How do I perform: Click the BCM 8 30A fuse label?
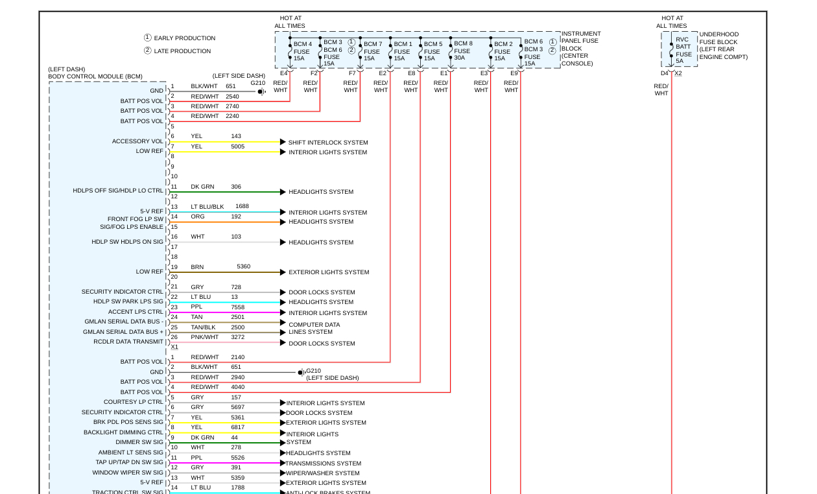(463, 51)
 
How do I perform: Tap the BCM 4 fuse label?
(303, 51)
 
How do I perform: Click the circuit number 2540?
(232, 97)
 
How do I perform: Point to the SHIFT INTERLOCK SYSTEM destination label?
(327, 143)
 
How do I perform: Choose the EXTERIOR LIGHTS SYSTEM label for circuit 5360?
(329, 272)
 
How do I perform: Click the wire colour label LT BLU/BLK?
(207, 207)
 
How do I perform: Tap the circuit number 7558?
(238, 307)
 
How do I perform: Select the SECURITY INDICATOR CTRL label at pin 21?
(123, 292)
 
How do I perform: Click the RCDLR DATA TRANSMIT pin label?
(128, 342)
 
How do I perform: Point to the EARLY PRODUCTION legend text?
(184, 38)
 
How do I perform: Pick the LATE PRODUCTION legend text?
(182, 51)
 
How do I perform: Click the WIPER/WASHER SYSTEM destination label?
(322, 473)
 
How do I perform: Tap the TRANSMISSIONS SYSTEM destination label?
(323, 464)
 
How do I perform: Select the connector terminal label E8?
(412, 73)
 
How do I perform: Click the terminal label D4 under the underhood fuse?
(665, 73)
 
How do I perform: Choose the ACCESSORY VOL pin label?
(137, 141)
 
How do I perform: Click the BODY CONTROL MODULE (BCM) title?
(95, 76)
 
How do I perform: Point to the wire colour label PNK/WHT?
(204, 337)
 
